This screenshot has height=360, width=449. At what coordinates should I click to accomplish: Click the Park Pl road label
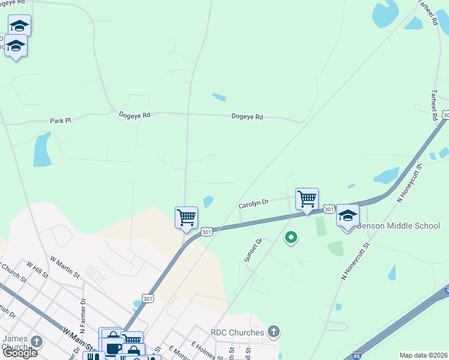(60, 121)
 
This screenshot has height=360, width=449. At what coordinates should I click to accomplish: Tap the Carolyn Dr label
(253, 204)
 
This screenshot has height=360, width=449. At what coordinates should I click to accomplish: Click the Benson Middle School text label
(399, 226)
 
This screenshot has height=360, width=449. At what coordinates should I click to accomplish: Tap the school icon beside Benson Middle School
(348, 215)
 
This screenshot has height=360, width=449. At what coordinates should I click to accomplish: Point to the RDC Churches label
(237, 332)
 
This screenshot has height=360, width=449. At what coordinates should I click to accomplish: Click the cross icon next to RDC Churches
(273, 331)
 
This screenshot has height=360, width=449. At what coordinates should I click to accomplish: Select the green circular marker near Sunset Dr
(291, 238)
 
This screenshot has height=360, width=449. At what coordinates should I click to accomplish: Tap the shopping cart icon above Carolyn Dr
(307, 198)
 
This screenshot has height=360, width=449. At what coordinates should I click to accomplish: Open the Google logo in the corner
(19, 353)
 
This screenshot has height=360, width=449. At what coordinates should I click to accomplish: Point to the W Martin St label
(65, 267)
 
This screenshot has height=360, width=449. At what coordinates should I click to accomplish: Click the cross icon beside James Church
(36, 341)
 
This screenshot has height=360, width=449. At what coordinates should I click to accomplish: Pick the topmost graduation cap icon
(19, 25)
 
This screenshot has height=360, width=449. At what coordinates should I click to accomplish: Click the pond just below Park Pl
(42, 149)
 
